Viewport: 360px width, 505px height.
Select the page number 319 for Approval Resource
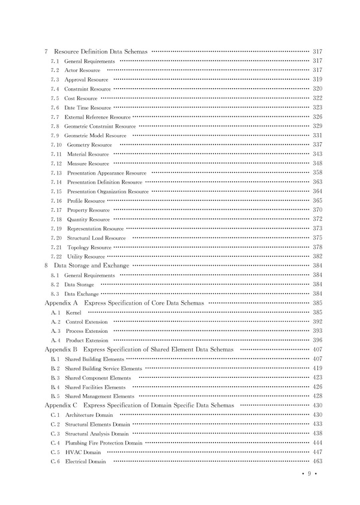pyautogui.click(x=318, y=79)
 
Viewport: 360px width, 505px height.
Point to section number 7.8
pyautogui.click(x=55, y=126)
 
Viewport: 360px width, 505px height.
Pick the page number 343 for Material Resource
pyautogui.click(x=318, y=154)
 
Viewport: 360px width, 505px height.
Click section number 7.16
pyautogui.click(x=56, y=200)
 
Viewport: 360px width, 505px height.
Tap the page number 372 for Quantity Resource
pyautogui.click(x=318, y=219)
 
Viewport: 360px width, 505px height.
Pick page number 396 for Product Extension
pyautogui.click(x=318, y=340)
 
